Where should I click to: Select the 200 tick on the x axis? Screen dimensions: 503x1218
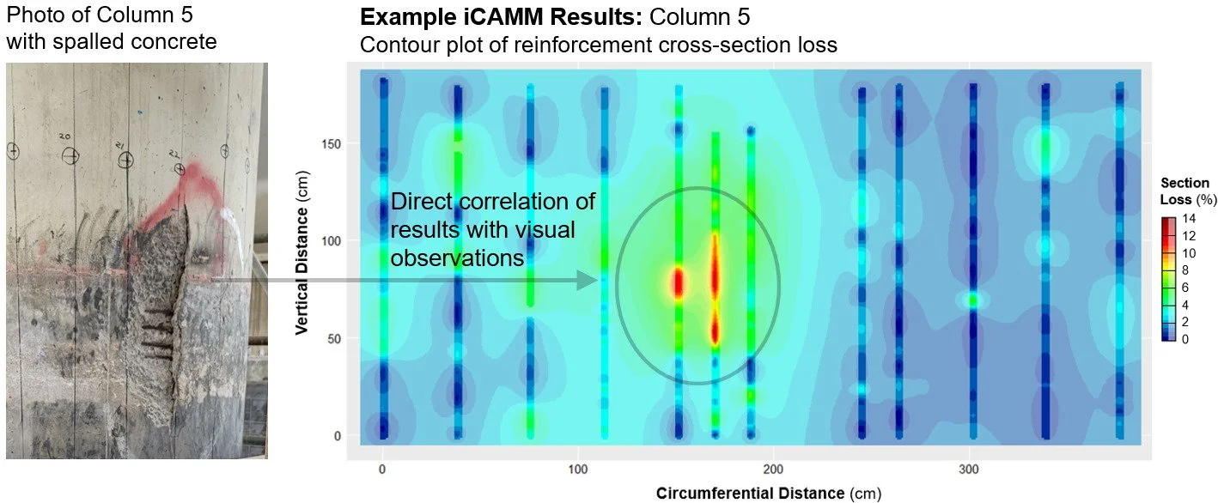tap(775, 470)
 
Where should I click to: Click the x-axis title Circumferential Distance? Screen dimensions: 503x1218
tap(750, 494)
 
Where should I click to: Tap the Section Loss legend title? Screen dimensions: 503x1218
tap(1185, 191)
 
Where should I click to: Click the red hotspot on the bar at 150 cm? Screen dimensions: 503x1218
tap(677, 282)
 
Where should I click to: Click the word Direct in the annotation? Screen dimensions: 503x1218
tap(420, 204)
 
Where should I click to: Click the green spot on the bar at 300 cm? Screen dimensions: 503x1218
tap(972, 300)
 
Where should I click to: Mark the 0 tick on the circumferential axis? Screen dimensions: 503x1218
tap(382, 470)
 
